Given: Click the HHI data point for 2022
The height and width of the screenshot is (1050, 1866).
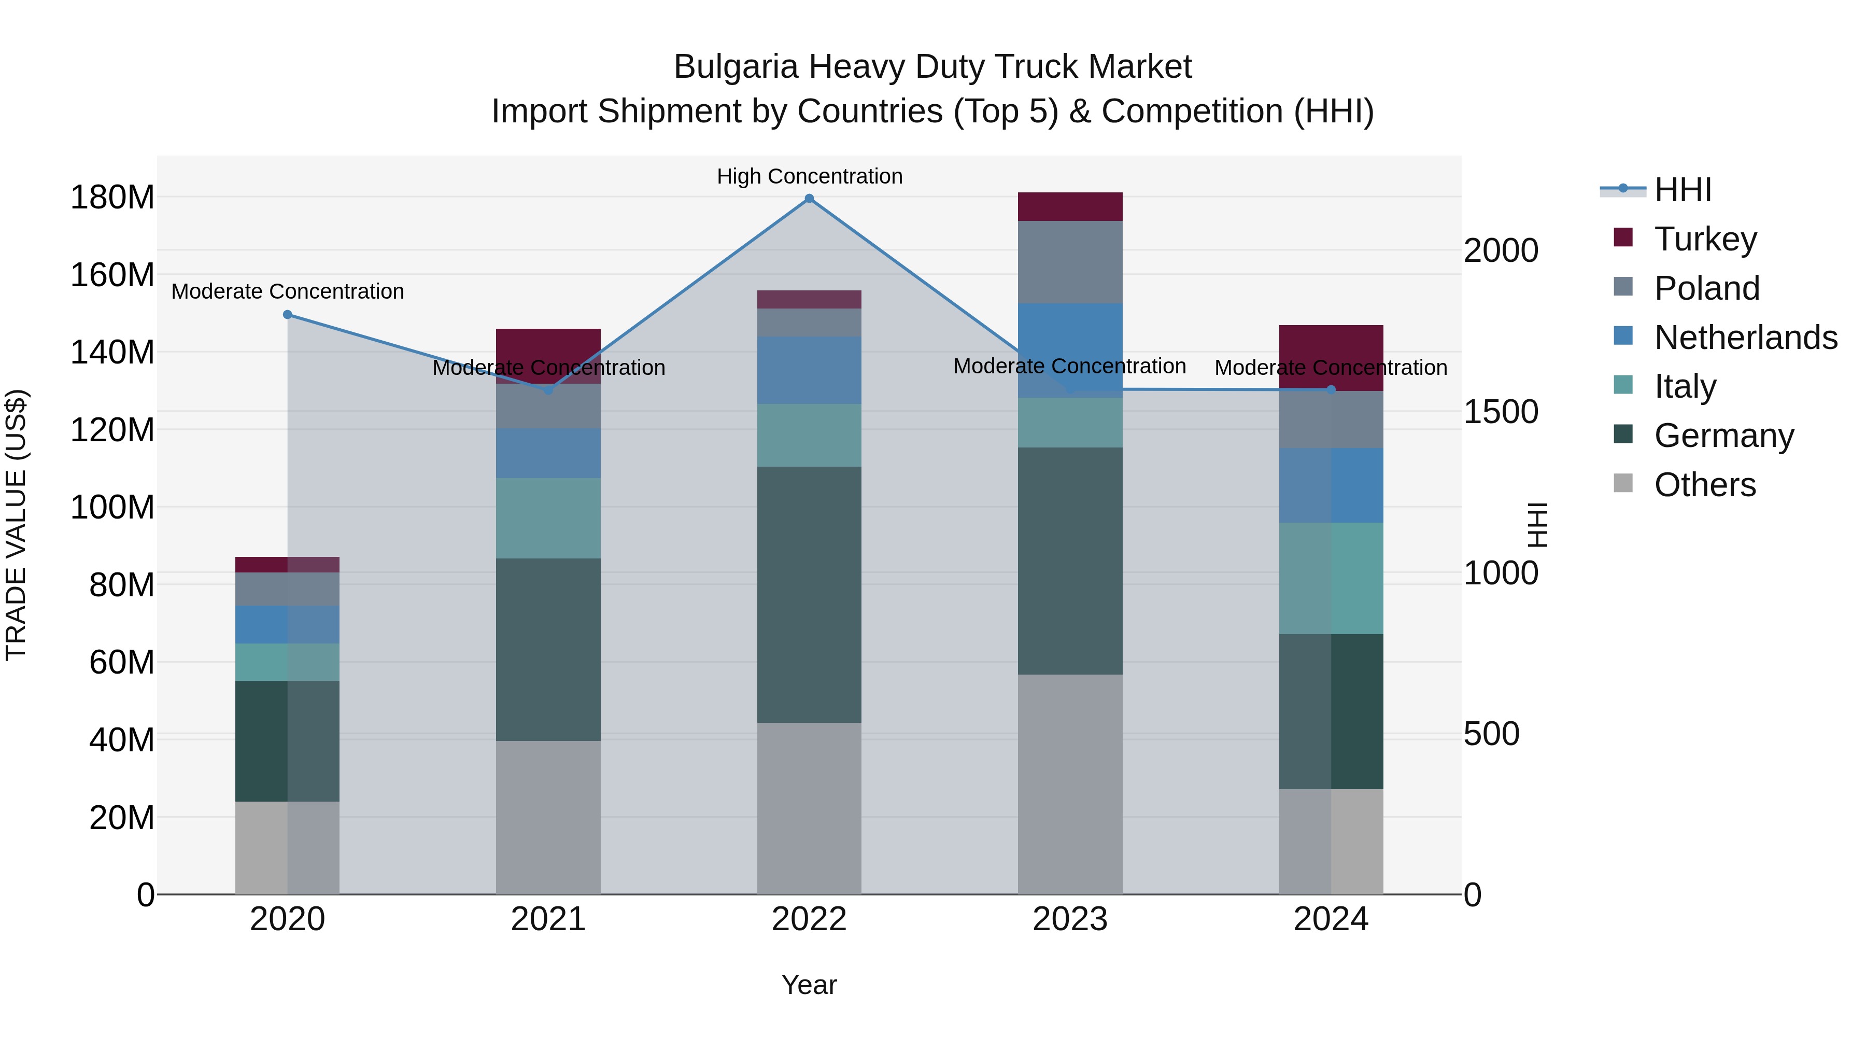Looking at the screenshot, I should click(809, 199).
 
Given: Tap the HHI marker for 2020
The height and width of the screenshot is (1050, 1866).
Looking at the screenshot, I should click(288, 315).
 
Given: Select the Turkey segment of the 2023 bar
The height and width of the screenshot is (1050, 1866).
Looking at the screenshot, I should click(1070, 206).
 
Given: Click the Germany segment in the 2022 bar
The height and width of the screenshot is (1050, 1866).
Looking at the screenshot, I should click(809, 594).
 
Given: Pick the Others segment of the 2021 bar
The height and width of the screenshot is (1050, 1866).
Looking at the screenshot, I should click(548, 817).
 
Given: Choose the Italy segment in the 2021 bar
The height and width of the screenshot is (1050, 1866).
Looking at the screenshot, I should click(548, 518).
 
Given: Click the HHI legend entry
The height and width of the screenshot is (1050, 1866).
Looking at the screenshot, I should click(1682, 190).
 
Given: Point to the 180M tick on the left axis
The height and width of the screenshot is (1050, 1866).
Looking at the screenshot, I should click(112, 197).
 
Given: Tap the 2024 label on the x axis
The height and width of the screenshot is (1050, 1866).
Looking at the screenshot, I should click(1331, 919).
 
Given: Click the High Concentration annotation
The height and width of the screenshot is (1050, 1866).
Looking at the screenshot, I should click(809, 176).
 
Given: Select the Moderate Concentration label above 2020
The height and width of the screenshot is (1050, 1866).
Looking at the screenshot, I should click(288, 291).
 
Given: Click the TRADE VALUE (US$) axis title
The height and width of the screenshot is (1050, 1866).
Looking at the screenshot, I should click(16, 525).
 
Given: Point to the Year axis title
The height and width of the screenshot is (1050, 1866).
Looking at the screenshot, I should click(809, 985).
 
